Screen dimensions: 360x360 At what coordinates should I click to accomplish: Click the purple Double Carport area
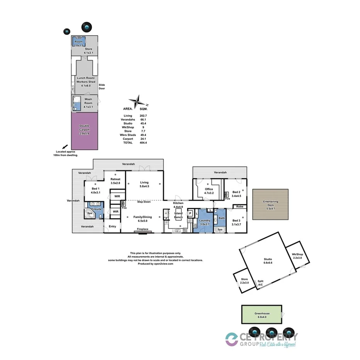(84, 131)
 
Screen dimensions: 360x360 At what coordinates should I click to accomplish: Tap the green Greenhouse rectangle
(262, 314)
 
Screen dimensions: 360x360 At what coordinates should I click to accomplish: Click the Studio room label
(268, 261)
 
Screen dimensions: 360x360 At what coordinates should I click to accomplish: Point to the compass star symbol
(138, 102)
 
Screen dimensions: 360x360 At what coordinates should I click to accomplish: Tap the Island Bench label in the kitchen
(178, 216)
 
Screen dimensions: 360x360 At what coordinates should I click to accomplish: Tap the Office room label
(209, 191)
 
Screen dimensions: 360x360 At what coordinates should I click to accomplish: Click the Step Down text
(144, 202)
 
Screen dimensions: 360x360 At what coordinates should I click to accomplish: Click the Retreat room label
(115, 181)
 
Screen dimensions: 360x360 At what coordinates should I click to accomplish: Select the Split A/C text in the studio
(260, 283)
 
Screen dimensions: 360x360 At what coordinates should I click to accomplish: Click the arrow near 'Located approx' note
(65, 146)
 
